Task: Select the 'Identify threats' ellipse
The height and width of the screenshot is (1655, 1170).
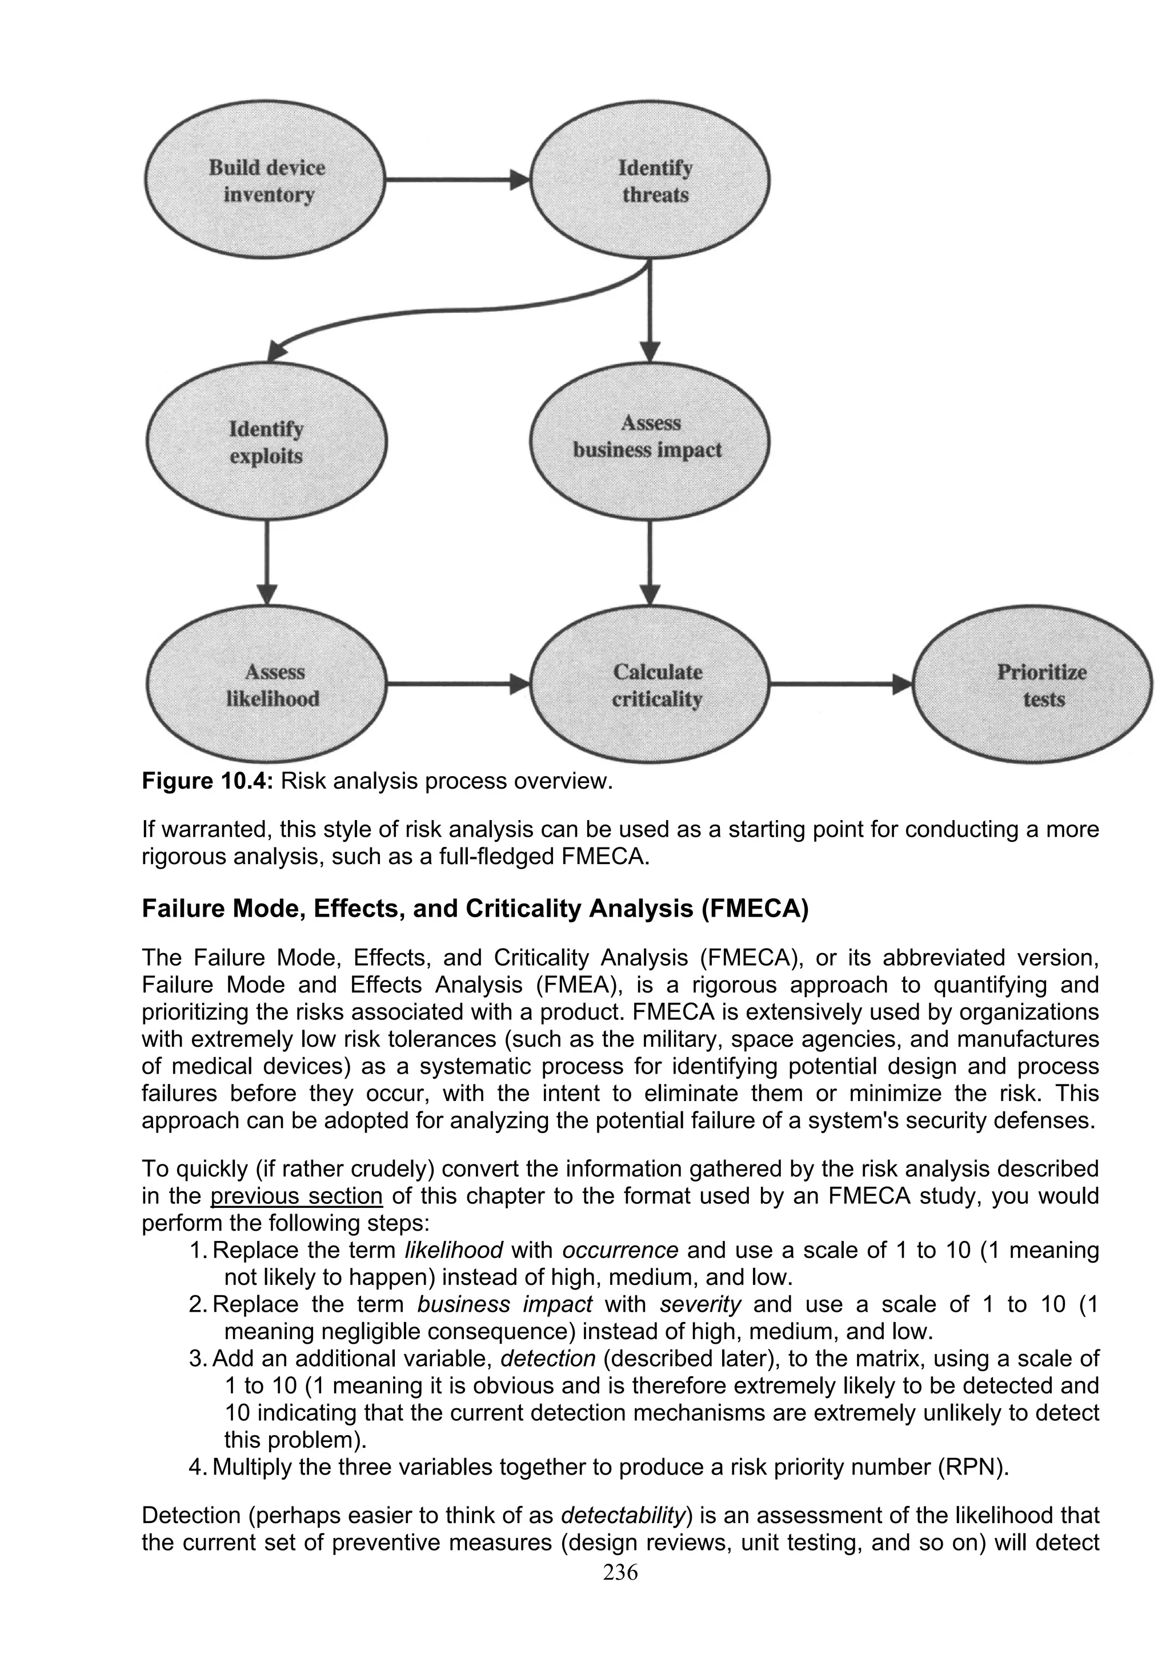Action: [651, 180]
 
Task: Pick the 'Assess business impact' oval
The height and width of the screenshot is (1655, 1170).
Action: [649, 437]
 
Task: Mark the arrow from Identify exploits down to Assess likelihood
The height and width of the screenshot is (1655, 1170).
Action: [267, 563]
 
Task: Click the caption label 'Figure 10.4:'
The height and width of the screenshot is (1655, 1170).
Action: [207, 781]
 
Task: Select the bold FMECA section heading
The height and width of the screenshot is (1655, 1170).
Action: [475, 909]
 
